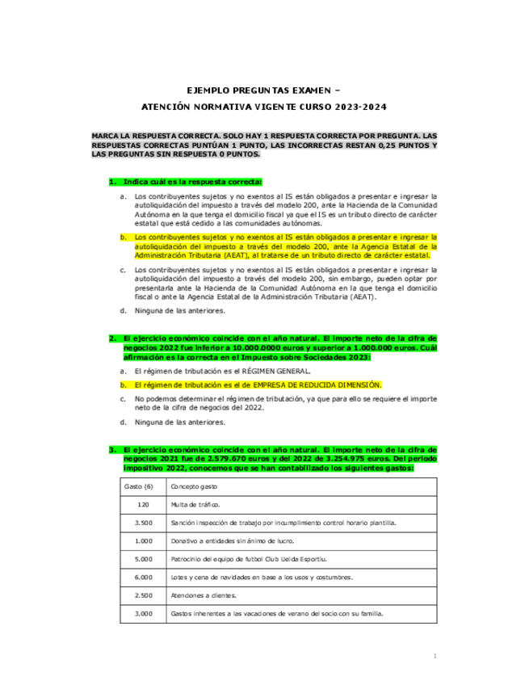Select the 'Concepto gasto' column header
194,487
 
